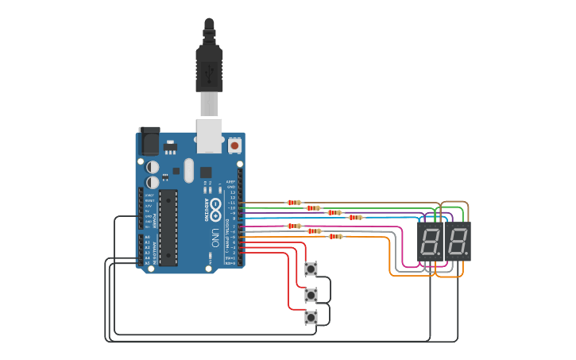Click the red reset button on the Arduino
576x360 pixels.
click(x=234, y=146)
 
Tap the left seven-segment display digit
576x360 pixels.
click(x=430, y=241)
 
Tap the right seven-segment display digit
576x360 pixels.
click(x=458, y=241)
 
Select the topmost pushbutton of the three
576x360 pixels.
click(x=311, y=269)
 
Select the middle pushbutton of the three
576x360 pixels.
click(x=311, y=295)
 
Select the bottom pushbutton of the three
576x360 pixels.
click(x=311, y=317)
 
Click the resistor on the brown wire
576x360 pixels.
click(x=294, y=203)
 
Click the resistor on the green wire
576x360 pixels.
click(x=313, y=208)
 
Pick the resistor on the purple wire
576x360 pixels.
click(x=334, y=212)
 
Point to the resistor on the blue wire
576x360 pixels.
click(x=355, y=217)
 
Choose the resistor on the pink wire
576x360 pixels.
click(x=294, y=226)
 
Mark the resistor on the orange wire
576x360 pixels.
click(x=335, y=236)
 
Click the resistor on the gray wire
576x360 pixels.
click(x=315, y=231)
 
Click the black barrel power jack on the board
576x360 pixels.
click(x=149, y=141)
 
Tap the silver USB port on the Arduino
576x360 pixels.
click(x=210, y=135)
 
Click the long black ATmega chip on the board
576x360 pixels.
click(x=168, y=226)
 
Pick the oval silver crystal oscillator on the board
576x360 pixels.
click(x=188, y=170)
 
